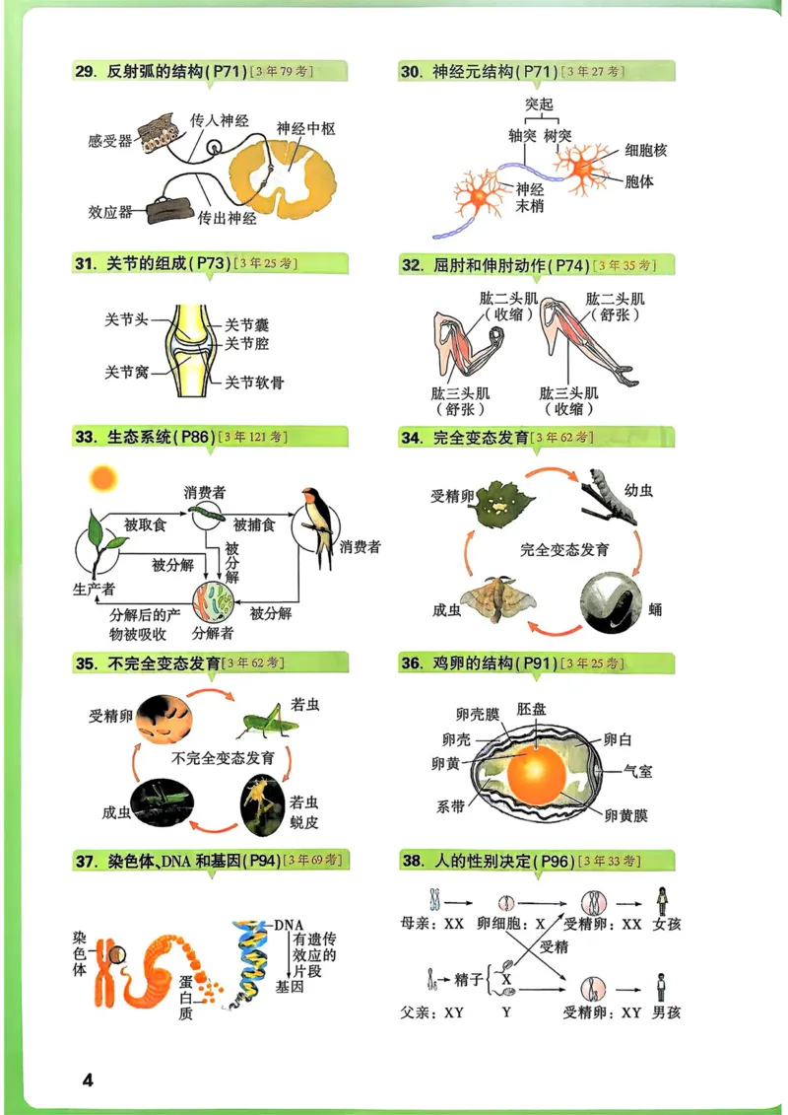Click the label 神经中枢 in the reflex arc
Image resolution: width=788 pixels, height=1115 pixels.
click(x=306, y=128)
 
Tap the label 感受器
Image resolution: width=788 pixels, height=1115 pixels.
click(x=109, y=141)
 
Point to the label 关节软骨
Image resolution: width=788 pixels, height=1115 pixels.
click(x=254, y=382)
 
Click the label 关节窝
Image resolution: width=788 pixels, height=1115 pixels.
click(x=126, y=372)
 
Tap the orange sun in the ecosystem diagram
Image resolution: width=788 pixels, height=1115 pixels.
click(x=102, y=479)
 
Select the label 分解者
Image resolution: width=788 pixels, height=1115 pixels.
click(x=213, y=632)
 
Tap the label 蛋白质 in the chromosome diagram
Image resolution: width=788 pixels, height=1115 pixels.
click(x=185, y=998)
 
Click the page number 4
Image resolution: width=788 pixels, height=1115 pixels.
click(x=87, y=1080)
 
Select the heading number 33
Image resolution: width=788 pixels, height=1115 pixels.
click(x=84, y=436)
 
